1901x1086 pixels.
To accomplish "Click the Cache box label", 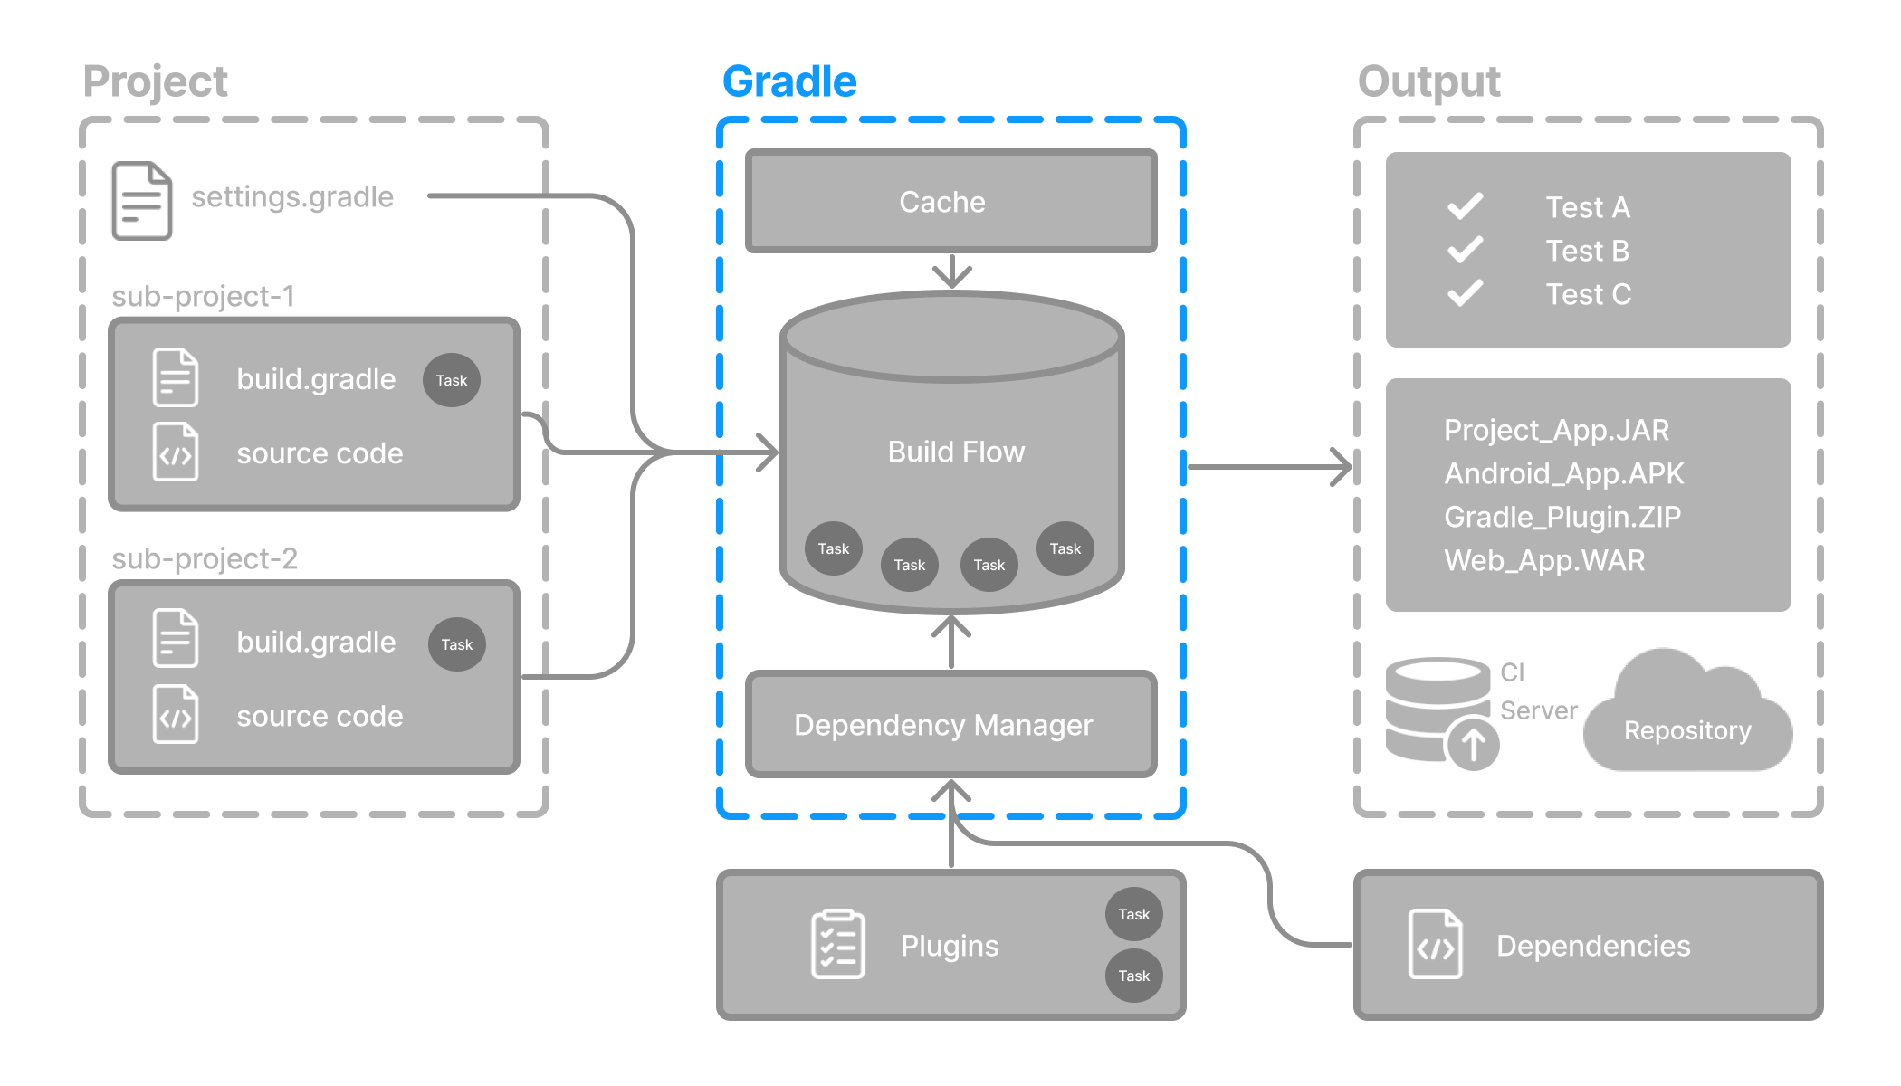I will (941, 202).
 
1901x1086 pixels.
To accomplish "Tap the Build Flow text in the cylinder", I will (956, 452).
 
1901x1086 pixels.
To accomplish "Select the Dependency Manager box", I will (943, 725).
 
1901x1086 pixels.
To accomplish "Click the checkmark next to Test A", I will (1465, 206).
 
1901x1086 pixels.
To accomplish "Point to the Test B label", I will (1587, 251).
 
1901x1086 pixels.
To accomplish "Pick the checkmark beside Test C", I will (1465, 293).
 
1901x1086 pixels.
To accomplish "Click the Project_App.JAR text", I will (1556, 430).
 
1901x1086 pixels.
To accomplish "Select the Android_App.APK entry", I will (1563, 473).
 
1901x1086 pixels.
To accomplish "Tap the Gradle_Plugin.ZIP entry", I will (1562, 517).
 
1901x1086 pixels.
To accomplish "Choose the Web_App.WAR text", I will (1544, 560).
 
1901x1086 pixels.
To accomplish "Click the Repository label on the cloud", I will (1687, 730).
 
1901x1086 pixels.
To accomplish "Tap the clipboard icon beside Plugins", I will (837, 945).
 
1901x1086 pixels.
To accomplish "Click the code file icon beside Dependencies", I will (1435, 945).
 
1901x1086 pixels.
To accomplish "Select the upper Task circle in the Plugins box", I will (1133, 914).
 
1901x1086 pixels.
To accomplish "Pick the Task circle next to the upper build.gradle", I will (451, 380).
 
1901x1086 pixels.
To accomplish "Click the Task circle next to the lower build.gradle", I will (456, 644).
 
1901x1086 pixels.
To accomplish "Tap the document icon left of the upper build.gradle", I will (176, 377).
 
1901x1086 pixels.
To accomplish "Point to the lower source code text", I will (320, 716).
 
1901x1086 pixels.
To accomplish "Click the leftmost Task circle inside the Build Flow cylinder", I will (833, 548).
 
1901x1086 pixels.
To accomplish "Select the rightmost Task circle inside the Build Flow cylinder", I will (1065, 548).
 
